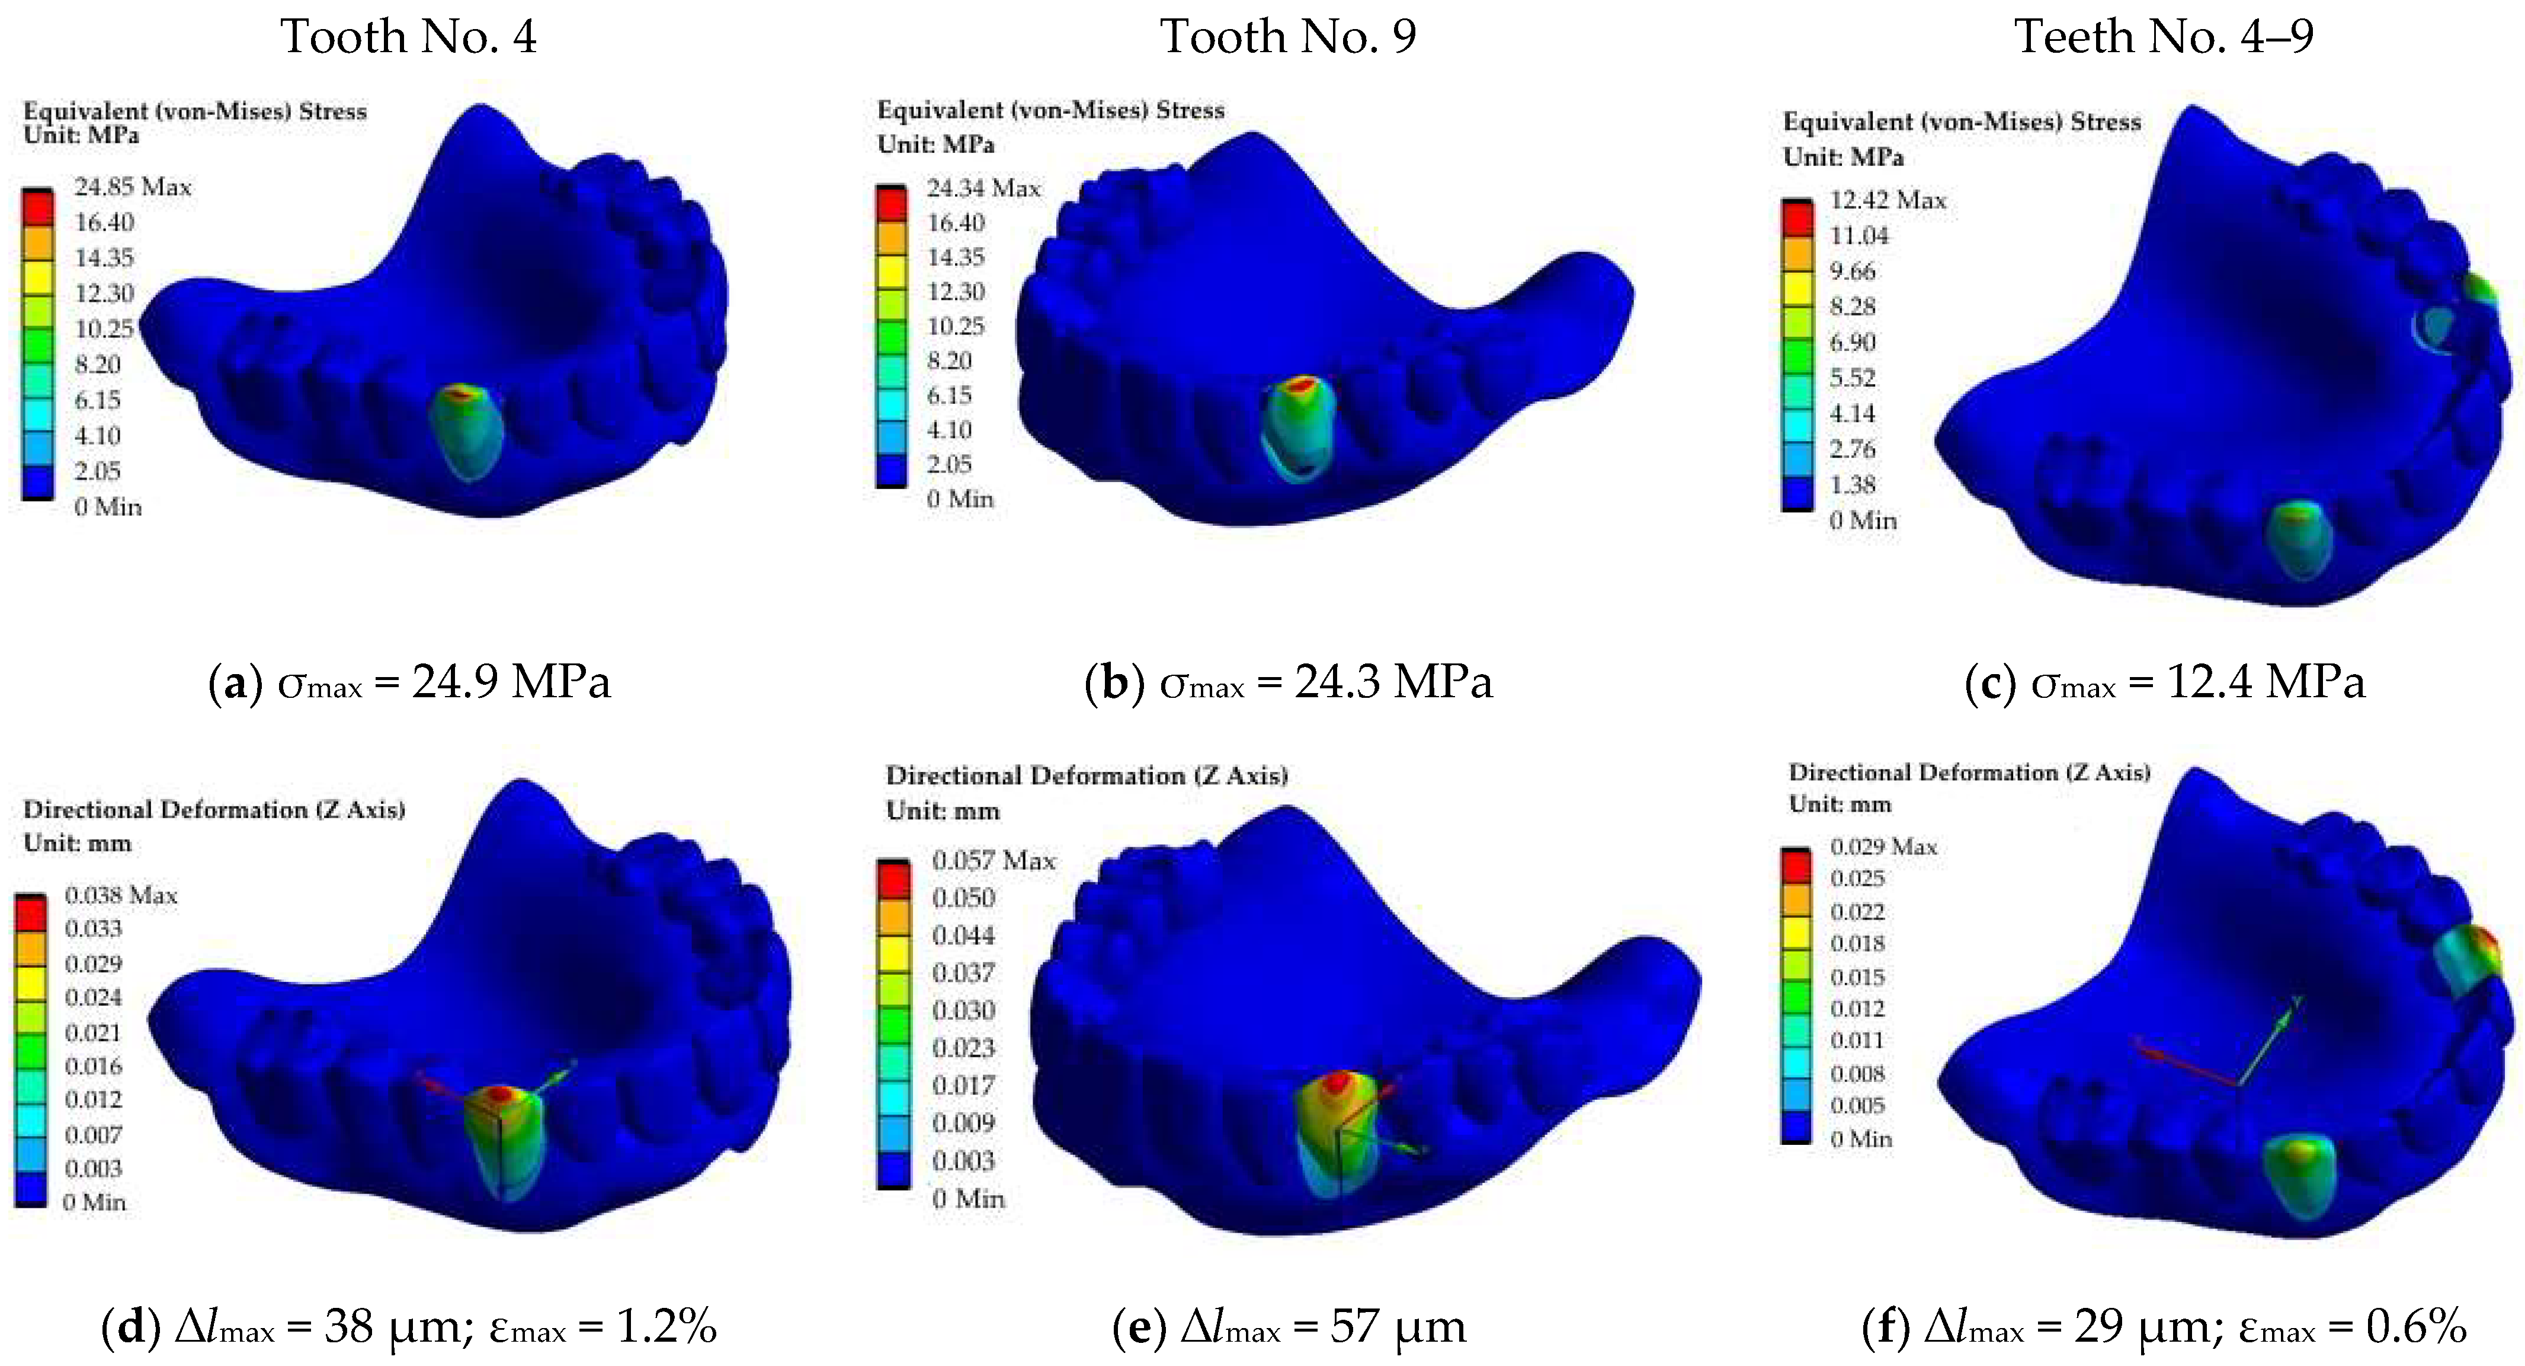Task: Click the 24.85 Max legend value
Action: pos(132,187)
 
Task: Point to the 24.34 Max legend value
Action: pos(983,189)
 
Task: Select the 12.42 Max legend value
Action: pos(1887,200)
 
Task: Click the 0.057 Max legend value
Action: pos(993,861)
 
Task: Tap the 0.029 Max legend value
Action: pos(1883,846)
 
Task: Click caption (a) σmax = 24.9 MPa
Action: pos(410,682)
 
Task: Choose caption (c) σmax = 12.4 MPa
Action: pos(2164,682)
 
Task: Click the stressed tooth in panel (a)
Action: pos(467,432)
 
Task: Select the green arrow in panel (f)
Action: pos(2269,1039)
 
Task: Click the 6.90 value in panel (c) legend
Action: pos(1851,342)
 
